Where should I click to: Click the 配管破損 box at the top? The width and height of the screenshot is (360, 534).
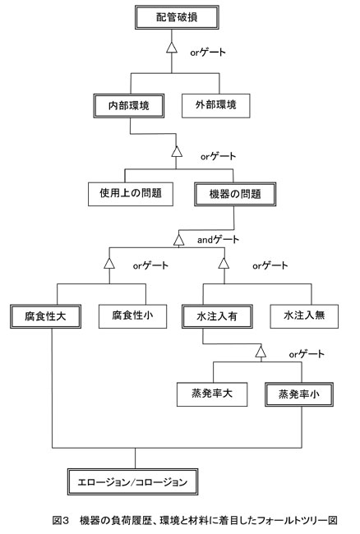point(177,17)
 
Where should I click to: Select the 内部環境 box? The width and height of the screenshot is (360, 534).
point(129,106)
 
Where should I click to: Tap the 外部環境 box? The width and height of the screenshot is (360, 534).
point(216,106)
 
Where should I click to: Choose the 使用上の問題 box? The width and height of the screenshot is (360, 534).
point(131,194)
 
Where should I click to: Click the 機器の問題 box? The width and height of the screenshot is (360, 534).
point(235,194)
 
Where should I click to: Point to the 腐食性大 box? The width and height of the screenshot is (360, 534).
point(46,316)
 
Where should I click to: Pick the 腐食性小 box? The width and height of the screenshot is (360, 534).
point(133,316)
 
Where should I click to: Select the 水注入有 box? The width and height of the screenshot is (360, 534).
point(217,316)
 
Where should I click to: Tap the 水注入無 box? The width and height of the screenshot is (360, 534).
point(304,316)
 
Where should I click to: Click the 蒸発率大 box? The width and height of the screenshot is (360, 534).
point(212,394)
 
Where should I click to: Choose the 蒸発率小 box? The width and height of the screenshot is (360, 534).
point(299,394)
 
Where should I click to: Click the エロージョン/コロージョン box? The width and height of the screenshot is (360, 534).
point(133,482)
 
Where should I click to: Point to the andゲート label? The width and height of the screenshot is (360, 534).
point(218,240)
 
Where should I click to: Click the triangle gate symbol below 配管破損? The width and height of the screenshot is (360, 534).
point(172,48)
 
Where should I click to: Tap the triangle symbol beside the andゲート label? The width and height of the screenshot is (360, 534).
point(179,240)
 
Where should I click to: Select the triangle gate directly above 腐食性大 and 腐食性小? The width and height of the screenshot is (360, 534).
point(109,263)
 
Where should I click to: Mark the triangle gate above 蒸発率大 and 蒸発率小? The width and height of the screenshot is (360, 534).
point(261,352)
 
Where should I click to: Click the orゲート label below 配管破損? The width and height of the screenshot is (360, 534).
point(208,53)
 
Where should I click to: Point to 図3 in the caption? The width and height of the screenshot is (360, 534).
point(61,520)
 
